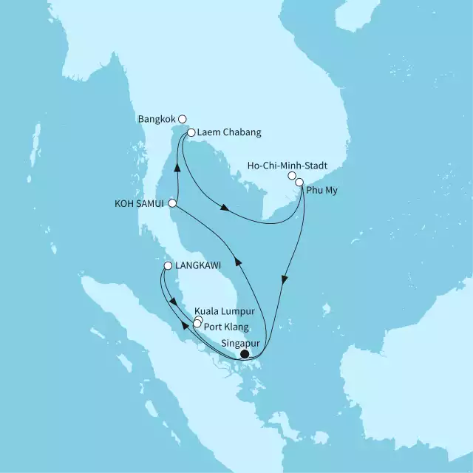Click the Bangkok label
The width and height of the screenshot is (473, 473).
156,118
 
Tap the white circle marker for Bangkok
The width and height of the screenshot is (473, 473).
183,118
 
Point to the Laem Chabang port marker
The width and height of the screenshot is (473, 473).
191,134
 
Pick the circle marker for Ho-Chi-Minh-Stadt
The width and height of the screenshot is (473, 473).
293,176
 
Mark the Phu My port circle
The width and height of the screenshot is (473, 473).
299,182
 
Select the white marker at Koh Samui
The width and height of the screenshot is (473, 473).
172,203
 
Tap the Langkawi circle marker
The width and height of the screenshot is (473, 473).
169,266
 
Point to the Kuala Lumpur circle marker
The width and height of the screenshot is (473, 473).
198,320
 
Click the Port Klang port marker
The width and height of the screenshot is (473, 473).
197,324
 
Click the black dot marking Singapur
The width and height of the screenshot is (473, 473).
245,353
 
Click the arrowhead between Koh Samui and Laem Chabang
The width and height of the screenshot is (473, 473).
177,167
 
